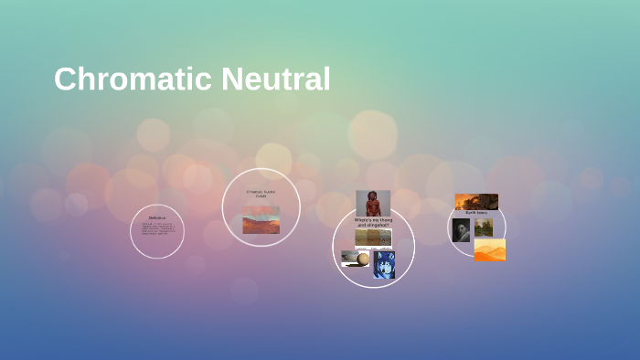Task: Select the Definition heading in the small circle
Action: tap(156, 217)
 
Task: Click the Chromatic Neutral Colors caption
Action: tap(261, 194)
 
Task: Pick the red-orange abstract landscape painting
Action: tap(261, 219)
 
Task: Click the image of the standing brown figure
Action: tap(373, 203)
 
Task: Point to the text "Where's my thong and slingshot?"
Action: tap(372, 222)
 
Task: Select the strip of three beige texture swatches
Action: tap(373, 238)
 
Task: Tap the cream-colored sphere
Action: tap(363, 259)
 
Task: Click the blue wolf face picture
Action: tap(384, 265)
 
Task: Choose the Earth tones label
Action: tap(476, 213)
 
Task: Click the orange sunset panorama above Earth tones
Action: tap(476, 201)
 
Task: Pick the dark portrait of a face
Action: tap(462, 229)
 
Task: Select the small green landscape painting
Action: tap(484, 228)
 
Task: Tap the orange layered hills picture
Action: tap(490, 249)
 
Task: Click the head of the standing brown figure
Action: tap(373, 195)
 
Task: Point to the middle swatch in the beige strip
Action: tap(373, 238)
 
